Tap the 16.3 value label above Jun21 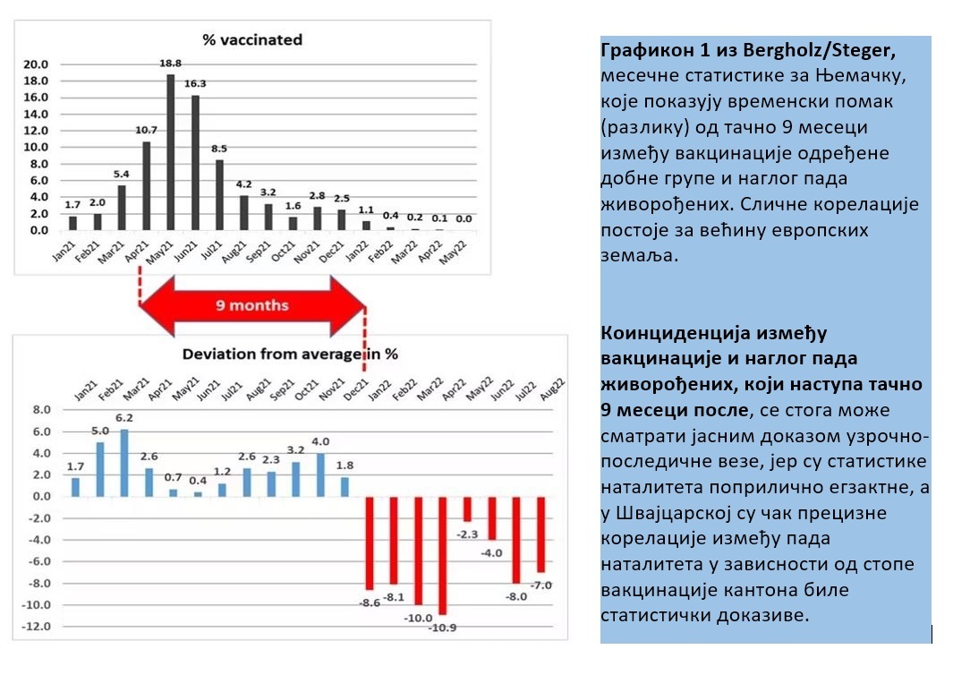point(196,83)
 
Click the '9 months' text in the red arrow point(252,305)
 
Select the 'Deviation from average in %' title point(290,354)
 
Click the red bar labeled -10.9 point(441,555)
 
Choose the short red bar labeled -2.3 point(466,508)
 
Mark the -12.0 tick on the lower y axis point(38,626)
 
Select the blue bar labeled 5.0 point(100,469)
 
